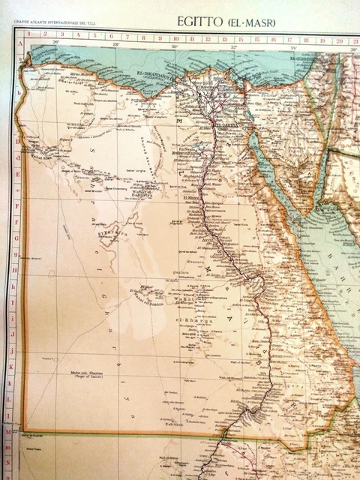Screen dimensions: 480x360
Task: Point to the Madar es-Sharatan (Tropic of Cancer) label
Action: click(87, 373)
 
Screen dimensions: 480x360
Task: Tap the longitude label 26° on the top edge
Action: click(55, 43)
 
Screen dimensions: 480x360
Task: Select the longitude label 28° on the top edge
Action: click(115, 44)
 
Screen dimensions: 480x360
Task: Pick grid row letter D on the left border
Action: click(17, 140)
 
